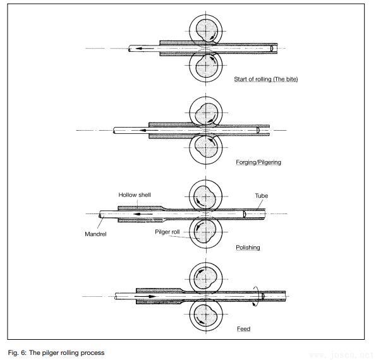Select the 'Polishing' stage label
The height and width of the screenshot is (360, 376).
click(x=248, y=248)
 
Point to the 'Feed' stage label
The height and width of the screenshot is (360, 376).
click(x=243, y=329)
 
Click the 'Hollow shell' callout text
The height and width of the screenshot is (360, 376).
click(x=135, y=195)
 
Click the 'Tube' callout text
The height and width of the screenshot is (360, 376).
click(x=262, y=196)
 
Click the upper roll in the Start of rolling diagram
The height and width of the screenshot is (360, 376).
click(x=206, y=30)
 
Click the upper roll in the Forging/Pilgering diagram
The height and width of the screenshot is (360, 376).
click(x=206, y=114)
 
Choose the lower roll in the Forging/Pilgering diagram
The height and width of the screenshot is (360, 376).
click(x=206, y=148)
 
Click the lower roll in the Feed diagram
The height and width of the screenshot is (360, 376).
click(x=206, y=315)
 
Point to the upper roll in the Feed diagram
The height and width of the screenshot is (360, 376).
click(x=206, y=277)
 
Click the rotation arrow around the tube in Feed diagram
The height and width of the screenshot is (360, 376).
click(x=256, y=296)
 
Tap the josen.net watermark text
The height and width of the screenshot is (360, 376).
click(x=344, y=351)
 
